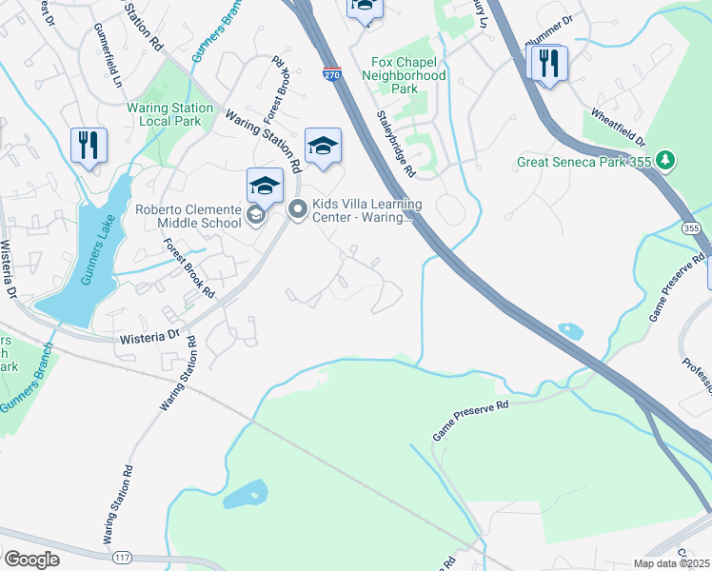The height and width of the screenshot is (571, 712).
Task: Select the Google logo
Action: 31,560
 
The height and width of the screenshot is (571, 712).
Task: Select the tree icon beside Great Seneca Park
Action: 666,162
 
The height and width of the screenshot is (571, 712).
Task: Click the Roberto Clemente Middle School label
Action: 188,216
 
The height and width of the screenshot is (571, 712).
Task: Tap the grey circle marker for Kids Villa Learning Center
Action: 298,210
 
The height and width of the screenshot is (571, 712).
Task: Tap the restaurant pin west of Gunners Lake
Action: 89,146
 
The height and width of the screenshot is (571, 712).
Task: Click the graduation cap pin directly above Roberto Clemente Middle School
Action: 266,186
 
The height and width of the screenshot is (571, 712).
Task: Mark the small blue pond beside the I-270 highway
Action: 570,330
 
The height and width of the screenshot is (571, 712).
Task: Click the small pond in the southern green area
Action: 245,494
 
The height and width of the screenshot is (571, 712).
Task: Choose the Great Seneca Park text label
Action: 583,163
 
